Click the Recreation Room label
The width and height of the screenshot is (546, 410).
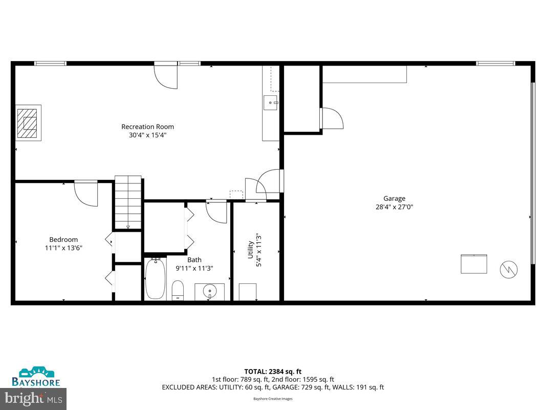point(147,127)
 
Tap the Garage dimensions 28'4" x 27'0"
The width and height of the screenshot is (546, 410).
point(394,207)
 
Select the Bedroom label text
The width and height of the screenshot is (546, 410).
point(63,239)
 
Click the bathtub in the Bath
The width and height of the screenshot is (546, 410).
point(155,279)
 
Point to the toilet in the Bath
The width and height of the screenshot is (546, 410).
point(178,289)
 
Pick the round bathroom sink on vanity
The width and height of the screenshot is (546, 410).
point(209,292)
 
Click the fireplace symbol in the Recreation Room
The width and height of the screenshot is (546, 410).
point(29,124)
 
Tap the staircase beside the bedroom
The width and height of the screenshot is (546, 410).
point(128,202)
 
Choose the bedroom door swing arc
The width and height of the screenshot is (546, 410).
point(87,194)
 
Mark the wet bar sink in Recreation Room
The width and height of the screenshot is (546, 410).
point(270,102)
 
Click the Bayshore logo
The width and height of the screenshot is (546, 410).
point(36,377)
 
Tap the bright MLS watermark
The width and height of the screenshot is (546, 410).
point(33,397)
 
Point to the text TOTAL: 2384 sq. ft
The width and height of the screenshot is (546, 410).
point(273,371)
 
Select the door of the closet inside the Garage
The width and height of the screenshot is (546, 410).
point(332,118)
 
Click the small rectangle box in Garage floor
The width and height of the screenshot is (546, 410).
point(473,264)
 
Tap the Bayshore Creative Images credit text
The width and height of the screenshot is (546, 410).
point(273,399)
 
